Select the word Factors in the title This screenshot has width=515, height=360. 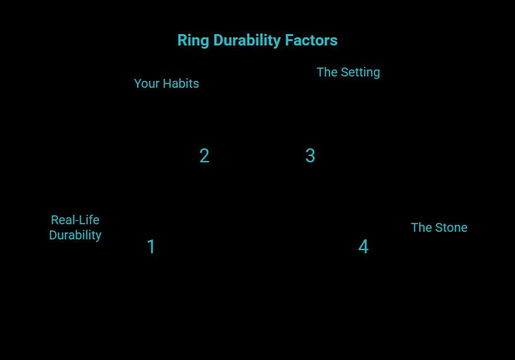(311, 40)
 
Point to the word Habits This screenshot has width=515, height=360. (181, 83)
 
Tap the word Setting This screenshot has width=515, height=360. (360, 73)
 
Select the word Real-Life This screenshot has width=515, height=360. (75, 220)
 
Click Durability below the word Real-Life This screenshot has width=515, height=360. (75, 235)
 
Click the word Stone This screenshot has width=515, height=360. (451, 227)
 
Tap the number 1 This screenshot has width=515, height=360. (151, 247)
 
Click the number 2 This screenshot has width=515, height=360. (204, 156)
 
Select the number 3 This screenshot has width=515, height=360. (310, 156)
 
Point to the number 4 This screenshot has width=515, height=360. (364, 247)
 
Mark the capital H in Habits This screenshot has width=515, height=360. (167, 83)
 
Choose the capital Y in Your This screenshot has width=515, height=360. (138, 83)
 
